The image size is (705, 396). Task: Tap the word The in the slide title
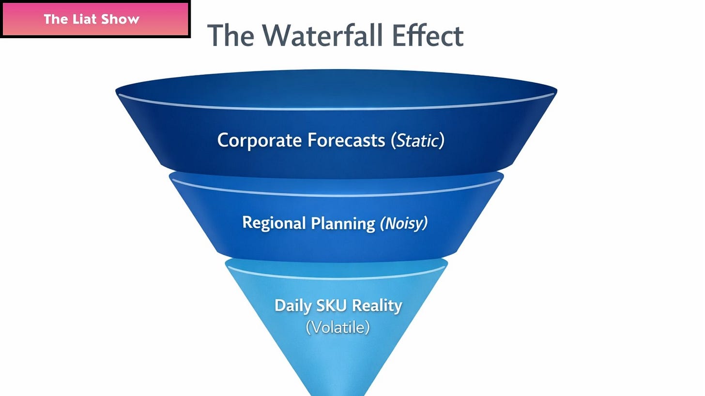click(230, 35)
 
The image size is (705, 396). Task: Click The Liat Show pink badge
click(95, 19)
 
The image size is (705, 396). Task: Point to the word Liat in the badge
click(88, 19)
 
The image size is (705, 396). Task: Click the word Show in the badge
click(121, 19)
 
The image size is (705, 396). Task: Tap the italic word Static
click(418, 140)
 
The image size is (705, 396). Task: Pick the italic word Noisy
click(404, 223)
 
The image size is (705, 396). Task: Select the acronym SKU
click(332, 306)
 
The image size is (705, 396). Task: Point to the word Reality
click(377, 306)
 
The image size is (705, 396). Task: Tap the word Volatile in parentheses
click(338, 327)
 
